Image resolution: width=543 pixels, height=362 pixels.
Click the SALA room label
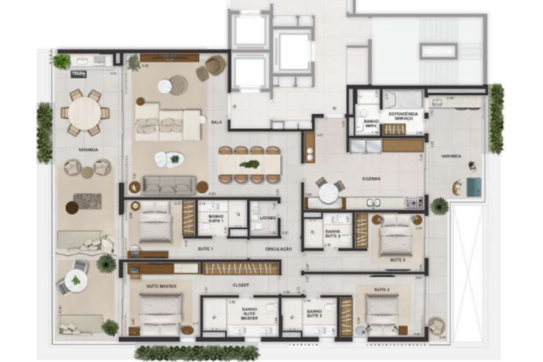(x=216, y=123)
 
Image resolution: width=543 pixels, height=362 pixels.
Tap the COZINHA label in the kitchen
(x=370, y=180)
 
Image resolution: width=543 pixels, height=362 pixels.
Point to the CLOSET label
(x=241, y=285)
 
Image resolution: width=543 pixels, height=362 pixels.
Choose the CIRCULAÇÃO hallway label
(x=278, y=249)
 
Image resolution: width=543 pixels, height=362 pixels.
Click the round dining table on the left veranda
(x=84, y=113)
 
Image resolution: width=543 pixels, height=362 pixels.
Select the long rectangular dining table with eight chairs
(x=249, y=164)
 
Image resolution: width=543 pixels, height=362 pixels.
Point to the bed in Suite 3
(x=396, y=235)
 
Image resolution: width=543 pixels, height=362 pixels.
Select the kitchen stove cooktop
(x=413, y=202)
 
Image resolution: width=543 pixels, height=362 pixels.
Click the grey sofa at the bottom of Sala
(x=169, y=185)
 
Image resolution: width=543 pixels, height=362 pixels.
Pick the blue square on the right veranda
(x=473, y=187)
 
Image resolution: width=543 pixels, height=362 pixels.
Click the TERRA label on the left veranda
(x=78, y=74)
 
